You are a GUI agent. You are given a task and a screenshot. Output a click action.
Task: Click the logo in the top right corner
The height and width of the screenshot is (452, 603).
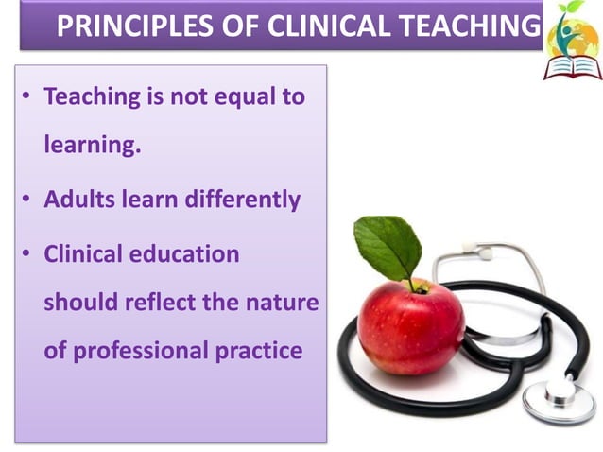572,40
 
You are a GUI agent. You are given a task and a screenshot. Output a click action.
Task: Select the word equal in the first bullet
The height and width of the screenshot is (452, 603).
241,96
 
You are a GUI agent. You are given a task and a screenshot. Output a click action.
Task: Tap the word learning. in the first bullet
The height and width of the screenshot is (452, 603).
93,147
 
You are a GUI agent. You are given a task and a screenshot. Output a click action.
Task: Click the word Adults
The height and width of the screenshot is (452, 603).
80,200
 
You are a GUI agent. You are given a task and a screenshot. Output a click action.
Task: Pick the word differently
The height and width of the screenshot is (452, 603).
237,200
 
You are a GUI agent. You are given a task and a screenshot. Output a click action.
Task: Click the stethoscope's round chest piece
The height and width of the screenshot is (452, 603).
560,397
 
